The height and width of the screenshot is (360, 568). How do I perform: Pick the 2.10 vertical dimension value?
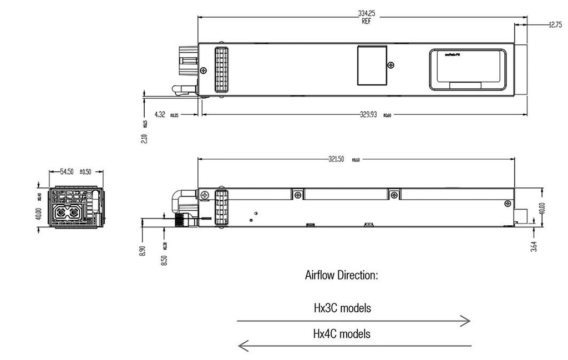(x=144, y=137)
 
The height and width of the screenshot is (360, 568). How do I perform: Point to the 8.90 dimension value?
(x=144, y=250)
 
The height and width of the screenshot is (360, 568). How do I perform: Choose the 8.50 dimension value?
(x=164, y=258)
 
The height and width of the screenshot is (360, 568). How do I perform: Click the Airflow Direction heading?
(x=342, y=275)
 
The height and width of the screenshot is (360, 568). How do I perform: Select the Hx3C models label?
(x=342, y=307)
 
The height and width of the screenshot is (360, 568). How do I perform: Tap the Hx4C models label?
(x=342, y=334)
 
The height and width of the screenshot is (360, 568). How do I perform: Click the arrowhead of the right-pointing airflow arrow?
(x=467, y=321)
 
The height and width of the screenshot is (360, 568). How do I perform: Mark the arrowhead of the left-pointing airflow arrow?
(x=242, y=346)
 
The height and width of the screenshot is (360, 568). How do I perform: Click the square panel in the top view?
(x=371, y=66)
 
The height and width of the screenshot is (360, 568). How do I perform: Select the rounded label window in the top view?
(x=467, y=69)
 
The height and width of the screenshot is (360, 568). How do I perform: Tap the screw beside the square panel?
(x=392, y=65)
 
